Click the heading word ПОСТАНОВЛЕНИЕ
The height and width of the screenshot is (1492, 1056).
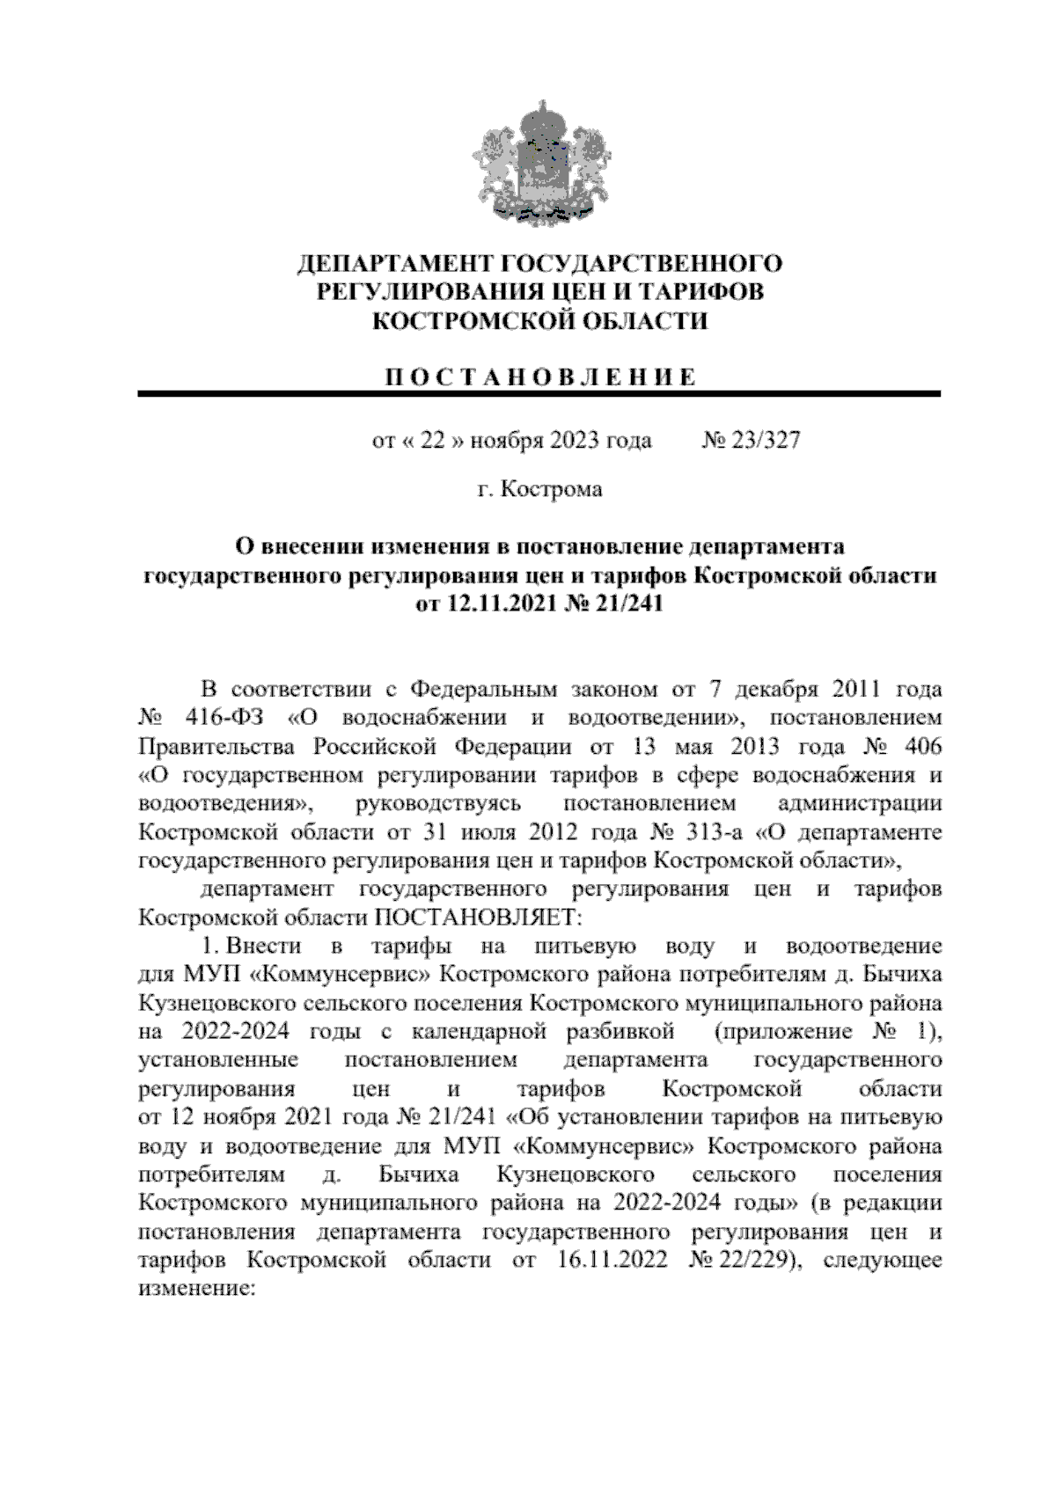pos(539,377)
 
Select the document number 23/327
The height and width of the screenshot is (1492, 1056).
pos(764,440)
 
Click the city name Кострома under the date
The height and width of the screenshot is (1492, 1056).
pos(551,488)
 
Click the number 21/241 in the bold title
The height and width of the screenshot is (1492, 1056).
pos(626,604)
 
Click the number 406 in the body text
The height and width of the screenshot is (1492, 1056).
pos(920,746)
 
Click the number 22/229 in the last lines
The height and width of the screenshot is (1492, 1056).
pos(758,1260)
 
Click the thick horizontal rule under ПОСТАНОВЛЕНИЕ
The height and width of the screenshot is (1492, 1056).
pos(539,395)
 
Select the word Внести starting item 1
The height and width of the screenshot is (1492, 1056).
pos(262,947)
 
